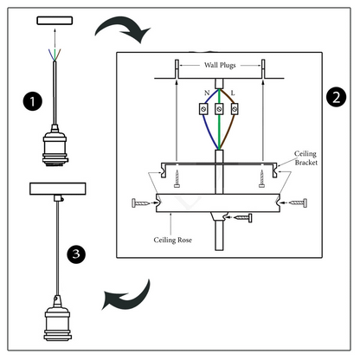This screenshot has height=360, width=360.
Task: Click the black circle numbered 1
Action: [33, 101]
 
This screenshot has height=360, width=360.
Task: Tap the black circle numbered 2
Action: [337, 97]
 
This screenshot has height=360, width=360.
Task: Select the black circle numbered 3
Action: [76, 254]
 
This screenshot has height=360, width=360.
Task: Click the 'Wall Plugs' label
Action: [220, 65]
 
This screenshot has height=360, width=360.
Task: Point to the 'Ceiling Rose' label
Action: [172, 240]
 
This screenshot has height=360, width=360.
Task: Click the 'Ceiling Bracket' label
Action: [305, 158]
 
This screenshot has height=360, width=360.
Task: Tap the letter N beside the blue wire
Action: [207, 93]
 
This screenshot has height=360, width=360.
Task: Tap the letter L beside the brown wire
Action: [233, 93]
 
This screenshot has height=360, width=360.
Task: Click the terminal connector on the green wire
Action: [219, 109]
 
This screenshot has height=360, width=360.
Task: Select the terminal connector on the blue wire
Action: [203, 109]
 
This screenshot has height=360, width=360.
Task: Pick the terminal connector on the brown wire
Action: [235, 109]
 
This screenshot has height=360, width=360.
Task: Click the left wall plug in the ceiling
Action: [177, 68]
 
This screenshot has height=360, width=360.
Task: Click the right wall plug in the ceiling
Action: [263, 68]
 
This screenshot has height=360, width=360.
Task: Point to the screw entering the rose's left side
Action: [141, 203]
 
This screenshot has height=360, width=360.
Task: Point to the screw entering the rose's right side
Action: [298, 203]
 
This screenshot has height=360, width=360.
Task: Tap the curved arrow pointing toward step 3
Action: [127, 296]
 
